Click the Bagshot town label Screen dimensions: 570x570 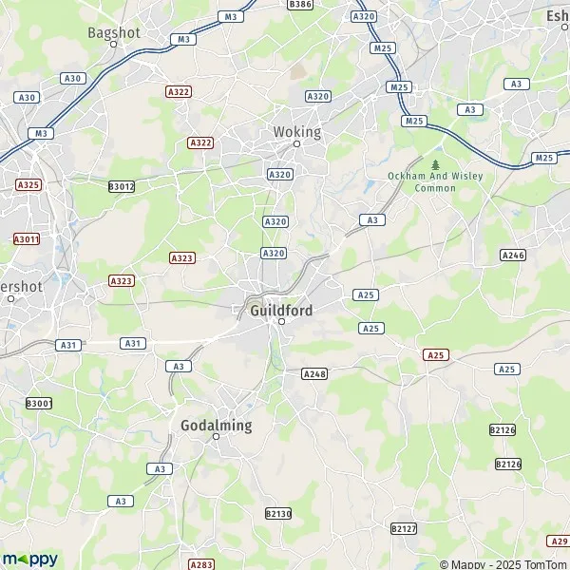tap(114, 31)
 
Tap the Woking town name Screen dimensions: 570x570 tap(297, 132)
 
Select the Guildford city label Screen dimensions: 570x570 tap(281, 310)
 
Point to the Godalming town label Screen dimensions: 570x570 tap(217, 425)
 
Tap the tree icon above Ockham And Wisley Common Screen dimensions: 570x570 tap(435, 164)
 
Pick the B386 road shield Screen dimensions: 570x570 tap(300, 4)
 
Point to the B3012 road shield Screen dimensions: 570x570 tap(122, 187)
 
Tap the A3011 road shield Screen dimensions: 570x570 tap(27, 239)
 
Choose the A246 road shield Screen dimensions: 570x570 tap(513, 255)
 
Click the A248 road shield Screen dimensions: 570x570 tap(313, 374)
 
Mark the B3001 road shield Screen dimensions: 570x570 tap(39, 404)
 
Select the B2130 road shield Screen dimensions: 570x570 tap(278, 513)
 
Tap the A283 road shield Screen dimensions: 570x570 tap(201, 564)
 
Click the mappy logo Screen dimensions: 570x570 tap(29, 559)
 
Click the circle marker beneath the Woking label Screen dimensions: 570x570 tap(296, 144)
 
